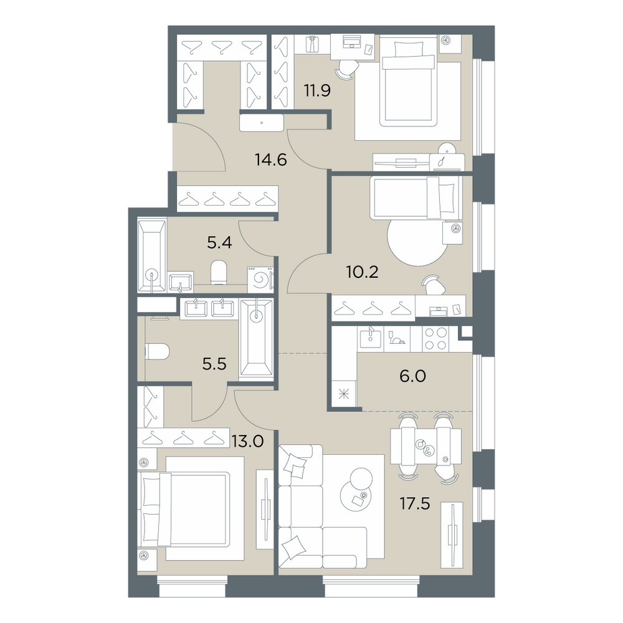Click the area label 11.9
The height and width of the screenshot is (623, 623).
[x=317, y=91]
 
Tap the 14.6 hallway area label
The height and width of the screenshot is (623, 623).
[x=271, y=159]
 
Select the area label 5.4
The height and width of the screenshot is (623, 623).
[x=219, y=242]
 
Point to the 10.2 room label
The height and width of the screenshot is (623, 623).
[x=363, y=273]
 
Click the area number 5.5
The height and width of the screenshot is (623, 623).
[x=214, y=364]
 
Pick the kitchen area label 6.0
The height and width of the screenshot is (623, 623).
[x=413, y=376]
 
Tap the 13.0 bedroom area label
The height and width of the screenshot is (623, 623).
[x=248, y=441]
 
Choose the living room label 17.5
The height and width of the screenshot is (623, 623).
[x=415, y=504]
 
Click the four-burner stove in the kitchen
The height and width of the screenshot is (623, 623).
[x=436, y=339]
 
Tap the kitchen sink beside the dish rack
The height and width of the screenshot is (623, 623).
[x=370, y=338]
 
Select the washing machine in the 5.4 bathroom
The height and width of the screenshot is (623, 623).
[x=260, y=279]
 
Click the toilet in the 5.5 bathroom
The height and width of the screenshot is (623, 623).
[x=158, y=352]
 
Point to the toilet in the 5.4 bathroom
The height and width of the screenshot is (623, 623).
[x=218, y=272]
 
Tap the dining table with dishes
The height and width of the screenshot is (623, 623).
[x=426, y=446]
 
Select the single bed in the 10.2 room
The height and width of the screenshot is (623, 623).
[x=416, y=198]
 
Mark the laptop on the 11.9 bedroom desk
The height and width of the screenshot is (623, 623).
[x=351, y=42]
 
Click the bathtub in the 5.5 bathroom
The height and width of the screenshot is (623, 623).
[x=257, y=337]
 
